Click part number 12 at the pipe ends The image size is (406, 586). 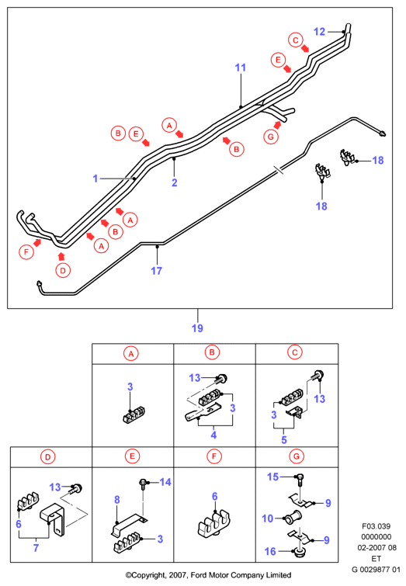[319, 32]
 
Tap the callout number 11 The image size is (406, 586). [241, 68]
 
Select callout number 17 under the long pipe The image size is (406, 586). [156, 271]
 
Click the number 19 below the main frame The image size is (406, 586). [197, 328]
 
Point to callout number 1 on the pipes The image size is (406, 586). [95, 179]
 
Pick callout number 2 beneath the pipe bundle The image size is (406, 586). [174, 182]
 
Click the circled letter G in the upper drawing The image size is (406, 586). [271, 137]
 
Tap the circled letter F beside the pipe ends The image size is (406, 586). [26, 252]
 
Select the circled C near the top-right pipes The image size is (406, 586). [295, 40]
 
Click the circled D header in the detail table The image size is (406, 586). [48, 456]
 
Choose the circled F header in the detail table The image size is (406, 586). [214, 456]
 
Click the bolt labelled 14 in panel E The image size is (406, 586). [143, 484]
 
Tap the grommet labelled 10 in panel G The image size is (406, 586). [293, 518]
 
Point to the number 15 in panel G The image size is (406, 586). [272, 477]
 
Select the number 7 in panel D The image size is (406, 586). [36, 548]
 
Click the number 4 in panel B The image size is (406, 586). [213, 435]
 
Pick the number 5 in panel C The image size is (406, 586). [284, 439]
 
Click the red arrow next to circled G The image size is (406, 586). [277, 125]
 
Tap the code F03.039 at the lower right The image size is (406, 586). [376, 526]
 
